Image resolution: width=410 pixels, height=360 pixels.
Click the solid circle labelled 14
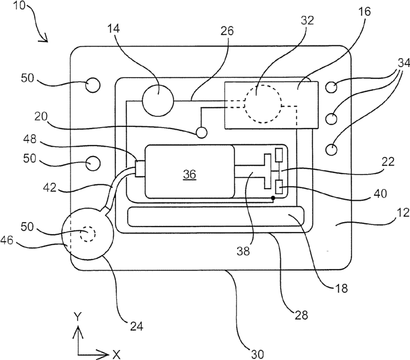pos(158,101)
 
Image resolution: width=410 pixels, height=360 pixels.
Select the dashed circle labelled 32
pos(263,104)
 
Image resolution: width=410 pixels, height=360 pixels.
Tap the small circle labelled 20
pos(201,132)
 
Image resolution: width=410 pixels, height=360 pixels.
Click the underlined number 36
pos(189,174)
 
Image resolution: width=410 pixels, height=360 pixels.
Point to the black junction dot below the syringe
pos(273,198)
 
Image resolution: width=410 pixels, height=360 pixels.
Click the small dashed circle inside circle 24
pos(88,234)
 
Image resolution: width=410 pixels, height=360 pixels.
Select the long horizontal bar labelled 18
pos(216,216)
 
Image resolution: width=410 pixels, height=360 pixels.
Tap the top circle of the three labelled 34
pos(331,87)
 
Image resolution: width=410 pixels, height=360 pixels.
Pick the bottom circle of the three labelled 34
pos(331,150)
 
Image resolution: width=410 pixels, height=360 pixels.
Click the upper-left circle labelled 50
pos(93,85)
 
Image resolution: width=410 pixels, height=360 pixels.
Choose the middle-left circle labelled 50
pos(93,164)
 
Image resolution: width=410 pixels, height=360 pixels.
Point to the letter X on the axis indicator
pos(117,355)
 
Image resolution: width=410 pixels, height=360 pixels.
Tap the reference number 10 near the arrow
pos(19,5)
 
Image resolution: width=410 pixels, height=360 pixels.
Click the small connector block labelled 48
pos(140,169)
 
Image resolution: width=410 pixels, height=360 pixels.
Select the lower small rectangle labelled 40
pos(279,187)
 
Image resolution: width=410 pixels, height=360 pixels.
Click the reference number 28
pos(301,315)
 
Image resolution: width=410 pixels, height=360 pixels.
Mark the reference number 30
pos(258,354)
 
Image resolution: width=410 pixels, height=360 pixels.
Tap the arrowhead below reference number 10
pos(44,38)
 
